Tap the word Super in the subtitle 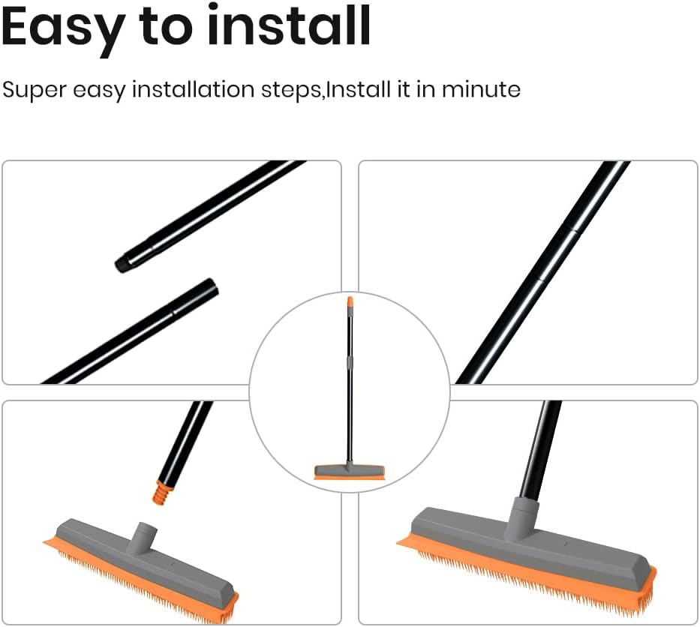coord(33,90)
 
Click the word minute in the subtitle coord(480,89)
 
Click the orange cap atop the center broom coord(349,302)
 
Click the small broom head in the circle coord(349,471)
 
